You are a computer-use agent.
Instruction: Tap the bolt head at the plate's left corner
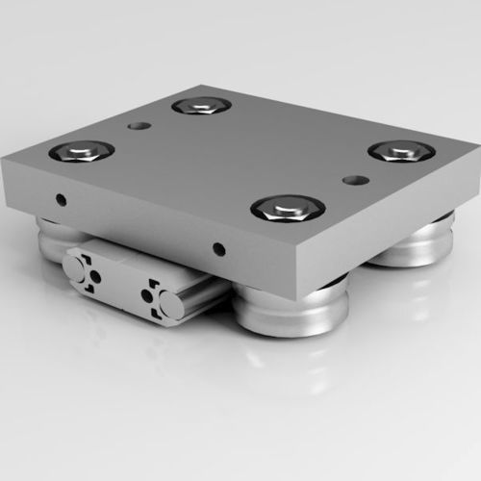[81, 150]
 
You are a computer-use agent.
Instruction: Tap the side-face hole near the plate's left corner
[62, 200]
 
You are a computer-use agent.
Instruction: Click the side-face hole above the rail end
[220, 249]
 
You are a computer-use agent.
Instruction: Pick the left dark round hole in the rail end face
[94, 279]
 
